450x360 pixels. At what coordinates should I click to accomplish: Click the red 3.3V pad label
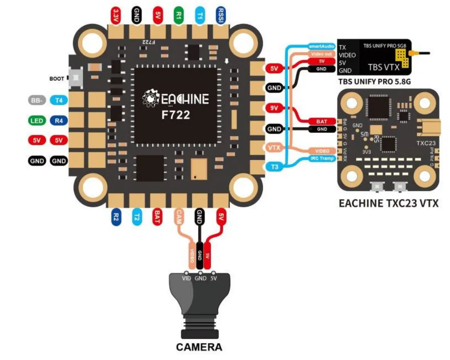pyautogui.click(x=116, y=16)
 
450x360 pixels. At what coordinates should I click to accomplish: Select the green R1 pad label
pyautogui.click(x=179, y=16)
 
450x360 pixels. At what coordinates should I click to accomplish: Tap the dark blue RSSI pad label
pyautogui.click(x=220, y=16)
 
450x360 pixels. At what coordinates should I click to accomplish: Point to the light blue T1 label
pyautogui.click(x=200, y=16)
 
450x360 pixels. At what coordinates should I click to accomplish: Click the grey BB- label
pyautogui.click(x=37, y=100)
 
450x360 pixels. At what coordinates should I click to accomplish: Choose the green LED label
pyautogui.click(x=37, y=121)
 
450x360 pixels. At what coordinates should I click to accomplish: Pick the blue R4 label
pyautogui.click(x=59, y=121)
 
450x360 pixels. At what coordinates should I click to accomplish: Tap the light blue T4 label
pyautogui.click(x=59, y=100)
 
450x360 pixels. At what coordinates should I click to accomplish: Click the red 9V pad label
pyautogui.click(x=274, y=108)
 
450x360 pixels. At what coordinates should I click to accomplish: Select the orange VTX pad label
pyautogui.click(x=274, y=147)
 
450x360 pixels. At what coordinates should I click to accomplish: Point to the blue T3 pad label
pyautogui.click(x=274, y=167)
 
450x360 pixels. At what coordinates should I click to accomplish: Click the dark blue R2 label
pyautogui.click(x=116, y=217)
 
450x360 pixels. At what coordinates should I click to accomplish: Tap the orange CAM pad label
pyautogui.click(x=179, y=217)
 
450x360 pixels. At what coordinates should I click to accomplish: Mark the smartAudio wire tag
pyautogui.click(x=321, y=46)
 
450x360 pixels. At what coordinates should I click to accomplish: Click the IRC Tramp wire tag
pyautogui.click(x=322, y=158)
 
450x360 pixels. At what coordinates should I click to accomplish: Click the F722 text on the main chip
pyautogui.click(x=176, y=115)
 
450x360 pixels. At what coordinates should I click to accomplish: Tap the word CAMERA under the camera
pyautogui.click(x=199, y=347)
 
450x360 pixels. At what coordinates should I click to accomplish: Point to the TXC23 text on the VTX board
pyautogui.click(x=426, y=143)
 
